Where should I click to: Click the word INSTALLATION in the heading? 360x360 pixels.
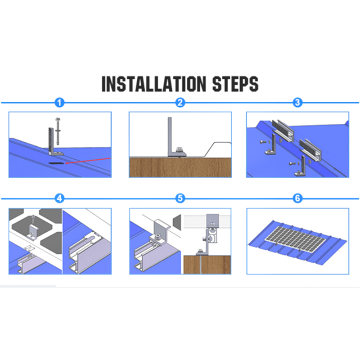pos(153,84)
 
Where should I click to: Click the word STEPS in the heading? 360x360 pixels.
pos(235,84)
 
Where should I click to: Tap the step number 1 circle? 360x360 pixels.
pos(59,103)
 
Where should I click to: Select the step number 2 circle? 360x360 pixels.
pos(180,103)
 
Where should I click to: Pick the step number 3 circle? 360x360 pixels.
pos(297,103)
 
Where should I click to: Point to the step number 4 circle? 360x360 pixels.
pos(59,198)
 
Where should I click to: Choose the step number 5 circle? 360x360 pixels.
pos(180,198)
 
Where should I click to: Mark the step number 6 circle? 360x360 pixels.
pos(297,198)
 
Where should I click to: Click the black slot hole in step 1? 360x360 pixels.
pos(56,163)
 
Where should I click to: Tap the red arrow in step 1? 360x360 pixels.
pos(88,161)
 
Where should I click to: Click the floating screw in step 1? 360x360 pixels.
pos(57,131)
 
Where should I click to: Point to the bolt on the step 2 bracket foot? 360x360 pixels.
pos(178,150)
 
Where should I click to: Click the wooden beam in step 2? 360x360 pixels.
pos(180,167)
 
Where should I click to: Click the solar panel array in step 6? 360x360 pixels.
pos(295,239)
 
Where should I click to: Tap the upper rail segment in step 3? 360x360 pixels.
pos(283,130)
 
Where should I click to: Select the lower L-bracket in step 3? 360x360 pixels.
pos(301,166)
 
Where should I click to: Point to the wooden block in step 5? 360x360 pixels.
pos(207,265)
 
